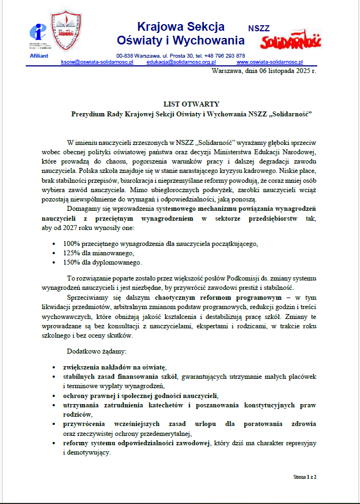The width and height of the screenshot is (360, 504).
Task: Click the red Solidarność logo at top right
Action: point(292,41)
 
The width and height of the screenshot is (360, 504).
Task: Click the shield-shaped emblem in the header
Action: point(66,32)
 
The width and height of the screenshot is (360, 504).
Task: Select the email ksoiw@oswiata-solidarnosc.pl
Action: point(97,63)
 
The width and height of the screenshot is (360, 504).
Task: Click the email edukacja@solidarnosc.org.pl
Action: point(181,63)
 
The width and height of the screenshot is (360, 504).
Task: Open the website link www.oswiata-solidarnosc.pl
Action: point(269,63)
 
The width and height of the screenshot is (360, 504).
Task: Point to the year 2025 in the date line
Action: point(302,71)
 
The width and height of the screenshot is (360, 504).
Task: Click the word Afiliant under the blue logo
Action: point(39,56)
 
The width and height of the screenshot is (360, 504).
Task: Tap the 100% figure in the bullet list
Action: point(72,243)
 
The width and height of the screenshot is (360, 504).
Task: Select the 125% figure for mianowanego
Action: point(72,253)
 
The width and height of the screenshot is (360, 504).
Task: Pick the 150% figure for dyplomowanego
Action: point(72,262)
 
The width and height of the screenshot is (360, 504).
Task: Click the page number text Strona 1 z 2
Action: point(305,477)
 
